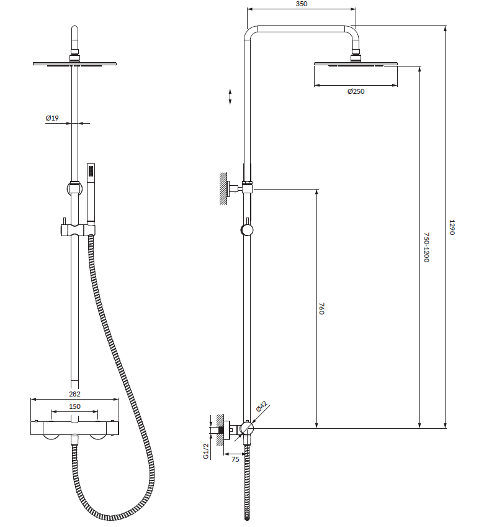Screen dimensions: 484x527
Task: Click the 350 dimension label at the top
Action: (302, 4)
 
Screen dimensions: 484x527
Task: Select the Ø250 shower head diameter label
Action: (356, 91)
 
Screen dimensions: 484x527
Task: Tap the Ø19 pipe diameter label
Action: (52, 118)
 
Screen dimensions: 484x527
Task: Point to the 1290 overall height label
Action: (452, 227)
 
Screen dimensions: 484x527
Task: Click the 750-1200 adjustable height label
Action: (426, 247)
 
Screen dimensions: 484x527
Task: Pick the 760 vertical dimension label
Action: (321, 308)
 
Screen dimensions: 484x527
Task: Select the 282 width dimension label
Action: (74, 394)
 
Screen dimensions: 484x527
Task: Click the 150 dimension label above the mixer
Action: (74, 406)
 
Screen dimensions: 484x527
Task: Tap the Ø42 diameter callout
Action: (261, 406)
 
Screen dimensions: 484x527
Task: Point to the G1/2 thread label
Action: (206, 451)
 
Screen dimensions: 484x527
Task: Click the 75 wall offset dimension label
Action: (235, 459)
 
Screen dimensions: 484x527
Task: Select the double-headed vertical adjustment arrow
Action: (230, 97)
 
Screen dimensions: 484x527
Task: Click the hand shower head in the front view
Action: (91, 193)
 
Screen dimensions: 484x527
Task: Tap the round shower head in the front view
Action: (74, 63)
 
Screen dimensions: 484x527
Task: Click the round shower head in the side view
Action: (356, 63)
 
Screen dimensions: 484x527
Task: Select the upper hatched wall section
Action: (223, 188)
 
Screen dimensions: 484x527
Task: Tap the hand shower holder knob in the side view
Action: (247, 230)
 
